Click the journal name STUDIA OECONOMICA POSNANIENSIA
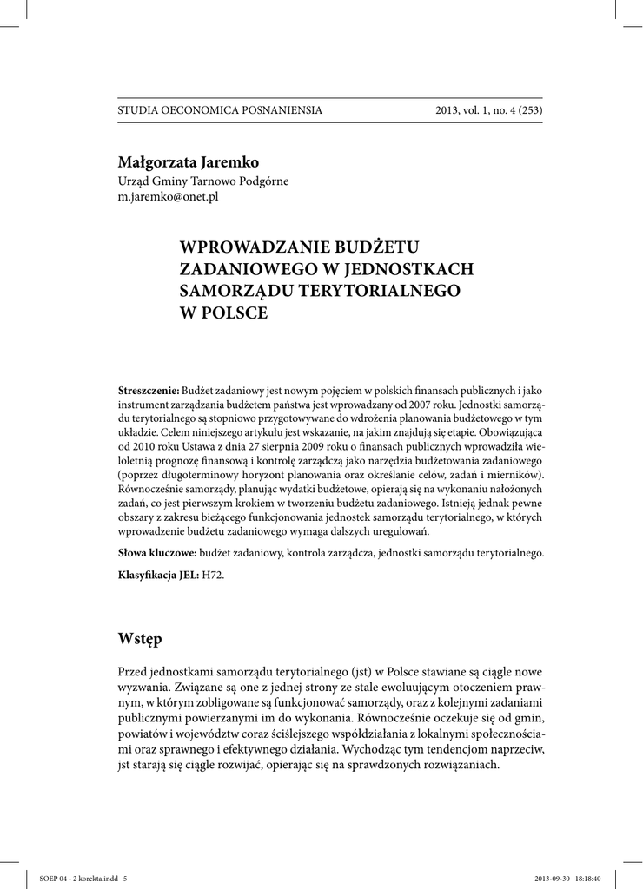pos(220,110)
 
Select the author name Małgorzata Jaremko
pos(189,162)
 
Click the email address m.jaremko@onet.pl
pos(168,197)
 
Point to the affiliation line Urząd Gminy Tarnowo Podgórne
pos(203,181)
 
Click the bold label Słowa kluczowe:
pos(157,552)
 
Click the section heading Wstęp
pos(140,640)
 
